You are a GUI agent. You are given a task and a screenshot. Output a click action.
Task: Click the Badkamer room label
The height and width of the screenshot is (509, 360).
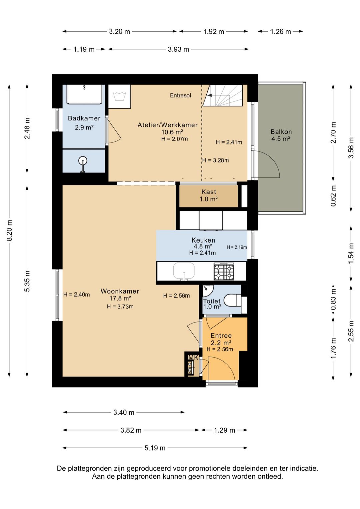[x=84, y=118]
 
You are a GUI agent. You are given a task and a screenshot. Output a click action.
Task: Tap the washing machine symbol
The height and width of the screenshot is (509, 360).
[x=119, y=97]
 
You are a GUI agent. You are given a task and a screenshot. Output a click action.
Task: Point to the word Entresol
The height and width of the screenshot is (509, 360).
[x=180, y=95]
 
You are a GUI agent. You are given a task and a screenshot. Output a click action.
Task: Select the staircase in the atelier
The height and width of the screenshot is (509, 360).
[x=223, y=95]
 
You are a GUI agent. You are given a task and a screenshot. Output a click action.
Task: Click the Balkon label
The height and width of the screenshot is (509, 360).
[x=281, y=132]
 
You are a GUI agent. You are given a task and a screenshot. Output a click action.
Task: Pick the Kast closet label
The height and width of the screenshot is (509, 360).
[x=209, y=192]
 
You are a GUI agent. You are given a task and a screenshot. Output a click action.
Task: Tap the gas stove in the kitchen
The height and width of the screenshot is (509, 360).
[x=224, y=271]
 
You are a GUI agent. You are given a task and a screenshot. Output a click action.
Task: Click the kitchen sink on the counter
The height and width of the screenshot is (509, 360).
[x=184, y=271]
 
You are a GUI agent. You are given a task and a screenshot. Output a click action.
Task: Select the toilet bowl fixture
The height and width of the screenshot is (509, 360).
[x=232, y=300]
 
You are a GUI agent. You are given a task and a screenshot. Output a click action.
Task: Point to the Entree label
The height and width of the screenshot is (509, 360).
[x=221, y=336]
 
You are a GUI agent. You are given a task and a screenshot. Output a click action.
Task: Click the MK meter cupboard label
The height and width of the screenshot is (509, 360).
[x=193, y=358]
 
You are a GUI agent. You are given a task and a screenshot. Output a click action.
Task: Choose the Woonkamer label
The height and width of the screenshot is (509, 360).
[x=120, y=291]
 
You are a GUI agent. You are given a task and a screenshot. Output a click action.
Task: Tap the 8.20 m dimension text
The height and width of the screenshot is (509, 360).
[x=9, y=230]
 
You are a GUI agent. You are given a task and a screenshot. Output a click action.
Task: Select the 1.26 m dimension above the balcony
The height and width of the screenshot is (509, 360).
[x=280, y=32]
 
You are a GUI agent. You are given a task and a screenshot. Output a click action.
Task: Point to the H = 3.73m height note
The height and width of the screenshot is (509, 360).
[x=120, y=307]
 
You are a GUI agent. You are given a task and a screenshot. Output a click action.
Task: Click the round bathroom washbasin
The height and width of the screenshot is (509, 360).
[x=83, y=161]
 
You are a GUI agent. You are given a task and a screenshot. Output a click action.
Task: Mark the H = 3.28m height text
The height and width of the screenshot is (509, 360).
[x=216, y=160]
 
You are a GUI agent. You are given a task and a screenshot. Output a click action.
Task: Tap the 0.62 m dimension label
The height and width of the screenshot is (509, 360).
[x=333, y=196]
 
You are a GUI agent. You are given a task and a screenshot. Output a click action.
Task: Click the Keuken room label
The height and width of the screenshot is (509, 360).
[x=203, y=240]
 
